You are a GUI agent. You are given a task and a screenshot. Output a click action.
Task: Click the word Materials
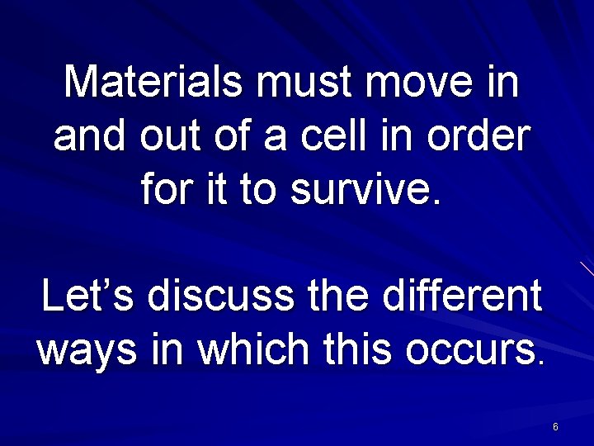153,83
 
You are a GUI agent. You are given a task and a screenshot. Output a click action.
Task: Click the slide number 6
555,427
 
